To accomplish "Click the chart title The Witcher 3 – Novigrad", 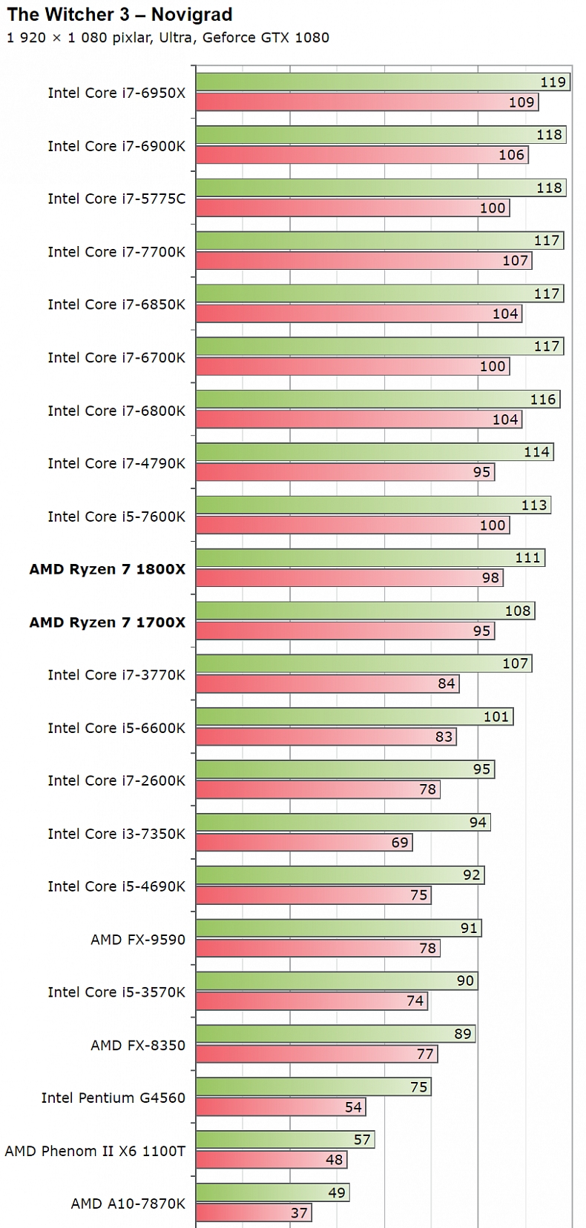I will click(119, 15).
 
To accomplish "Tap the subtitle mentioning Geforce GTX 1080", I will click(168, 38).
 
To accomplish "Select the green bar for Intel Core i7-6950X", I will click(371, 82).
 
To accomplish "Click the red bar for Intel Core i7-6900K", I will click(356, 155).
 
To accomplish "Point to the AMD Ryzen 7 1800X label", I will click(108, 569).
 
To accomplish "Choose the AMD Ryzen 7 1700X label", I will click(108, 623).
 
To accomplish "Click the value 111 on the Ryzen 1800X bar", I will click(527, 557).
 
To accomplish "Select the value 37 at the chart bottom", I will click(299, 1213).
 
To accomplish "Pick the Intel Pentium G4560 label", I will click(113, 1098).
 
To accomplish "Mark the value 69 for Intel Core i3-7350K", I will click(400, 843).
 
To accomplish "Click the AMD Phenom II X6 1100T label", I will click(95, 1151).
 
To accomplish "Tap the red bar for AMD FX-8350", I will click(312, 1054).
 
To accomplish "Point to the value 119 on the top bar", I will click(553, 82).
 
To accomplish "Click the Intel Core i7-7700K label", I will click(116, 252).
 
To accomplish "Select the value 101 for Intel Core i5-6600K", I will click(496, 717).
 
